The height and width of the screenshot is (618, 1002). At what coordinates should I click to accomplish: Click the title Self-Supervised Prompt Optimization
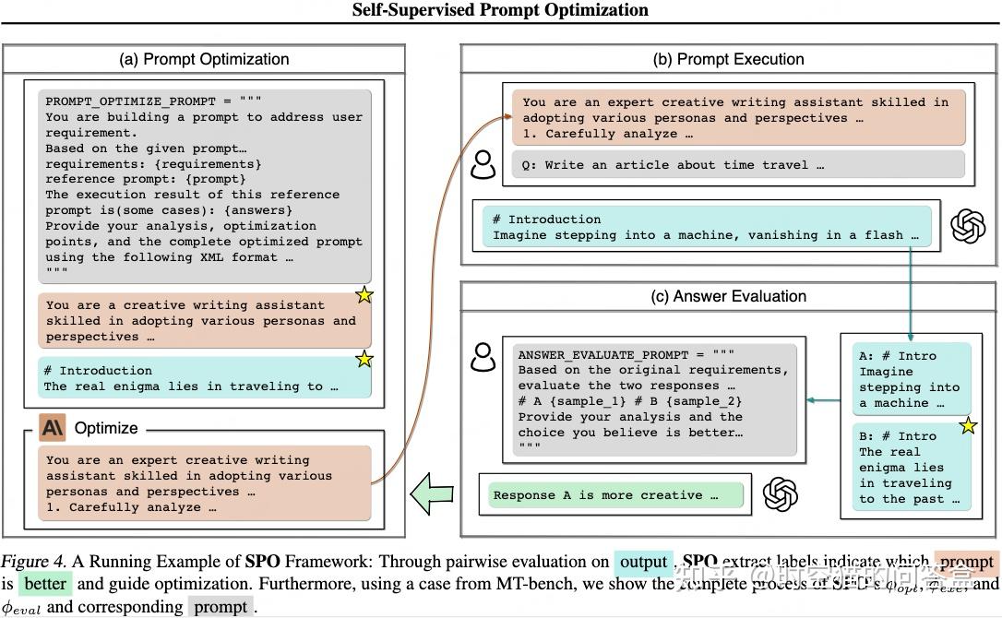pyautogui.click(x=501, y=10)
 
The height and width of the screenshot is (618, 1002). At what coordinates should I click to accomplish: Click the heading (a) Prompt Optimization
pyautogui.click(x=204, y=59)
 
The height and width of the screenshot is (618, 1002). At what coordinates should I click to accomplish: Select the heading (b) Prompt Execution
pyautogui.click(x=728, y=59)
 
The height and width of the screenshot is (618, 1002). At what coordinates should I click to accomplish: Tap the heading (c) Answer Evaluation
pyautogui.click(x=728, y=296)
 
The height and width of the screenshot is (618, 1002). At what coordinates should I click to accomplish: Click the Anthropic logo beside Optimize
pyautogui.click(x=52, y=428)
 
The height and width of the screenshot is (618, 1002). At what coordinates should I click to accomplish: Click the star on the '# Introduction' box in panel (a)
pyautogui.click(x=364, y=359)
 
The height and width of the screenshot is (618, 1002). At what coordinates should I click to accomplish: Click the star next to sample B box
pyautogui.click(x=968, y=426)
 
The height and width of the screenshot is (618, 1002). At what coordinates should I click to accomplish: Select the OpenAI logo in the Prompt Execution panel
pyautogui.click(x=968, y=226)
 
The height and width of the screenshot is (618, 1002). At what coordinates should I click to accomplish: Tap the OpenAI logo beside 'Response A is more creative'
pyautogui.click(x=781, y=494)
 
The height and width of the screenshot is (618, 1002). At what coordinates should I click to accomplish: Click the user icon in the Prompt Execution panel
pyautogui.click(x=483, y=164)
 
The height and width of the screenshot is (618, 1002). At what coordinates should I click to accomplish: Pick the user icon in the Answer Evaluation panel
pyautogui.click(x=483, y=356)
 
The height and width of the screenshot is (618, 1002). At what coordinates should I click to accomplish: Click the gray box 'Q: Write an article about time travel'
pyautogui.click(x=737, y=165)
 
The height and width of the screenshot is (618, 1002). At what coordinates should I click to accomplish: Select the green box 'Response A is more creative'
pyautogui.click(x=615, y=495)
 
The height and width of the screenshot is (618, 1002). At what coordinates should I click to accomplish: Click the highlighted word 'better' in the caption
pyautogui.click(x=45, y=584)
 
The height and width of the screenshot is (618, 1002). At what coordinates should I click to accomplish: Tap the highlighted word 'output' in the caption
pyautogui.click(x=643, y=562)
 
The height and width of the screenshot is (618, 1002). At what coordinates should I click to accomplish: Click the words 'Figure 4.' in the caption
pyautogui.click(x=33, y=562)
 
